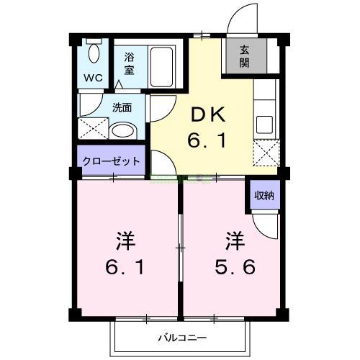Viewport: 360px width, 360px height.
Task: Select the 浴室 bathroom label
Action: (130, 63)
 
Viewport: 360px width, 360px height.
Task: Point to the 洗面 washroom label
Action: (122, 108)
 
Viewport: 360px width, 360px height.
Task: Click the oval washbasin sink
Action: (125, 132)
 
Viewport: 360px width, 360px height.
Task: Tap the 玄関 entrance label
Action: (244, 56)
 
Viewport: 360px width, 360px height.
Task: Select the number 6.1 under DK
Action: (208, 141)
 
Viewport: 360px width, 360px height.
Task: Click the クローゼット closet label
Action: (111, 161)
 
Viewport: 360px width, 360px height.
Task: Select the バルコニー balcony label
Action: (182, 337)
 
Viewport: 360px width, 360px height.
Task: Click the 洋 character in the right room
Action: (233, 238)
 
